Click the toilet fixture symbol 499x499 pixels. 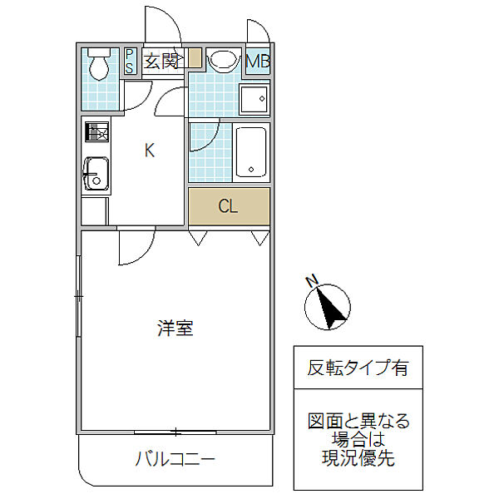(x=99, y=64)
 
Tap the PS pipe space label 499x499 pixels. (x=129, y=61)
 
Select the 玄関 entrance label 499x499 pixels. (x=161, y=61)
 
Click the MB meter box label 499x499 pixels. (x=258, y=61)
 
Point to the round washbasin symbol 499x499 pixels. (x=224, y=60)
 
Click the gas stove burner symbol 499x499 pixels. (x=96, y=132)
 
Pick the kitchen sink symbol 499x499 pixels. (x=96, y=174)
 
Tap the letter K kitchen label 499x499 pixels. (x=150, y=151)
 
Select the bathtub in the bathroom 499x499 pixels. (x=251, y=152)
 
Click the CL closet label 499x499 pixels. (x=228, y=206)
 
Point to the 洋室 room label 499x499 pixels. (x=175, y=328)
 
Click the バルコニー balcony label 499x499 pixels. (x=175, y=459)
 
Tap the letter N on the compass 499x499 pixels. (x=312, y=281)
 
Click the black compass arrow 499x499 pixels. (x=331, y=307)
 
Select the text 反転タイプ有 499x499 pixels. (x=358, y=368)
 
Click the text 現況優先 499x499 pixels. (x=358, y=458)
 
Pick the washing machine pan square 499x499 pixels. (x=254, y=99)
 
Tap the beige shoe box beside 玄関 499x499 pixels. (x=195, y=58)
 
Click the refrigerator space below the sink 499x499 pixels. (x=94, y=211)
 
